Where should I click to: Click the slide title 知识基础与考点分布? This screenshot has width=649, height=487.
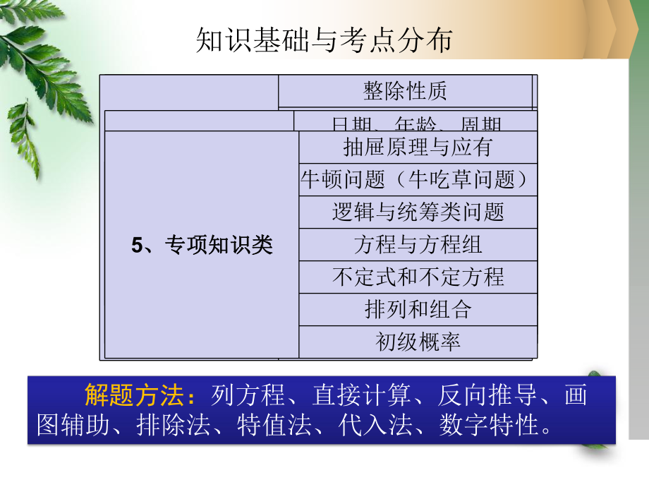click(324, 42)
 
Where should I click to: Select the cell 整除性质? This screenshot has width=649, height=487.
click(405, 91)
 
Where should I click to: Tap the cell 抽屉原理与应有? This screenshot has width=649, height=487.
click(418, 147)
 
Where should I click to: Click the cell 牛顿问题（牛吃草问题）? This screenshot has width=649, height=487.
click(418, 179)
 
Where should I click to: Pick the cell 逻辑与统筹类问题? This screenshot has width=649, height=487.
click(418, 212)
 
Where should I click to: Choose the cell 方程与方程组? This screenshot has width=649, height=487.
click(418, 245)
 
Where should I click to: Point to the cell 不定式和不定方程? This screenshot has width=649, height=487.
click(418, 277)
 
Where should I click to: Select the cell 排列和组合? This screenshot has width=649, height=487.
click(418, 309)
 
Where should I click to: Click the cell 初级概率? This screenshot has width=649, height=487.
click(418, 342)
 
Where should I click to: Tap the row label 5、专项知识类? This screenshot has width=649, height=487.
click(202, 245)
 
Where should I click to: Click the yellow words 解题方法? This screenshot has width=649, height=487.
click(133, 395)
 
